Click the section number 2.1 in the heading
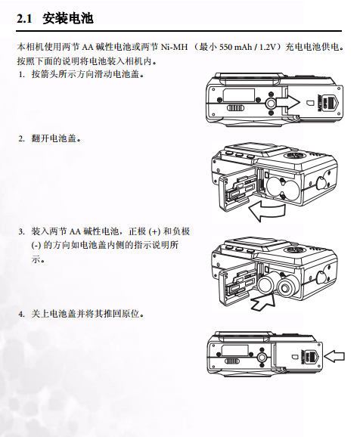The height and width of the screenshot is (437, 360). pos(24,19)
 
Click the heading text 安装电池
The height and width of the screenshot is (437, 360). pos(68,18)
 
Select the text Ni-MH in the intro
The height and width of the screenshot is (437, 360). pos(174,47)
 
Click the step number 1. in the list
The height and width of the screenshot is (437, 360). pos(22,74)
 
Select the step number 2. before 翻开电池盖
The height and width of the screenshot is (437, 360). pos(22,138)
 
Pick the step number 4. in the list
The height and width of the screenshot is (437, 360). pos(22,314)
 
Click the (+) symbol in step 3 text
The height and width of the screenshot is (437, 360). pos(154,231)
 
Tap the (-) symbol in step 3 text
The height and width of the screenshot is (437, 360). pos(36,246)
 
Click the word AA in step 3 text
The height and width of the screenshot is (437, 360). pos(75,231)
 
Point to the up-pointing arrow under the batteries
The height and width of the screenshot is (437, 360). pos(262,302)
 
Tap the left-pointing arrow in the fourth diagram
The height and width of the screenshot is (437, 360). pos(334,356)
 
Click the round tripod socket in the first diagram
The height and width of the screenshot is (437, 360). pos(270,104)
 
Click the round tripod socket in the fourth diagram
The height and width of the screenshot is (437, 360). pos(261,358)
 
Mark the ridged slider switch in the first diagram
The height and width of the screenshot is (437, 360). pos(235,108)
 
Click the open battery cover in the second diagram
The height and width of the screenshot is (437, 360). pos(236,191)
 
